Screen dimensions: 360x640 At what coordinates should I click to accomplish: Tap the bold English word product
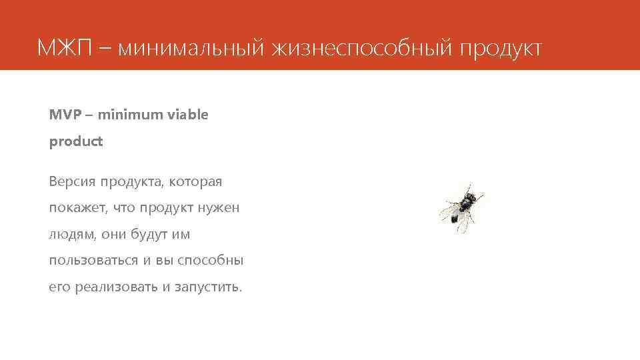pyautogui.click(x=76, y=142)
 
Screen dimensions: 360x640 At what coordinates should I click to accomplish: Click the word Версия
pyautogui.click(x=71, y=181)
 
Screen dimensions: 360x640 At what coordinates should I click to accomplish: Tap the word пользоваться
pyautogui.click(x=94, y=261)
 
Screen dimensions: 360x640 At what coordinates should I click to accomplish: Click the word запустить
pyautogui.click(x=208, y=287)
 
